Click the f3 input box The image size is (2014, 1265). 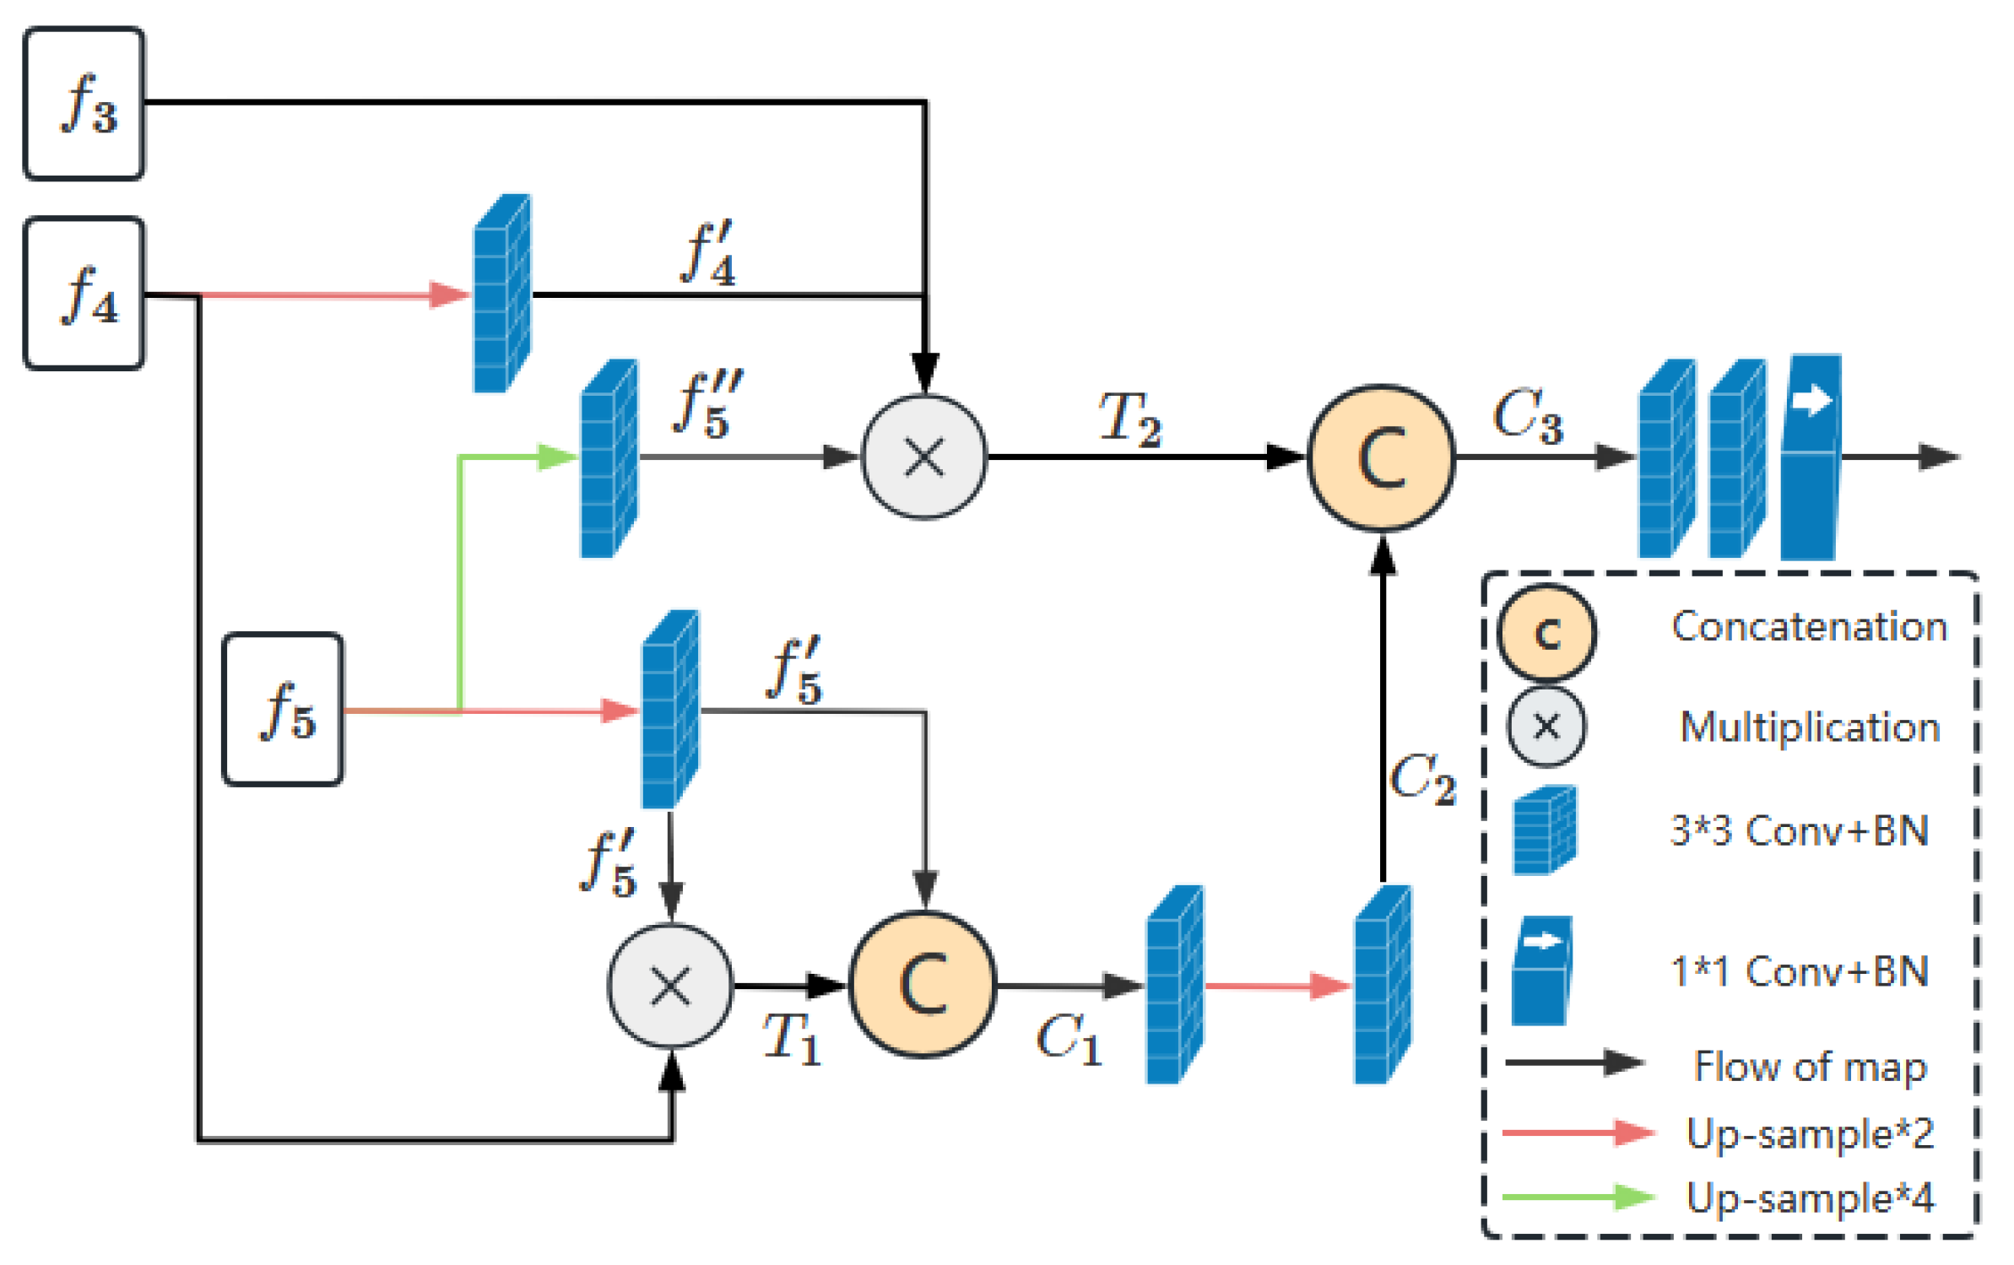click(84, 104)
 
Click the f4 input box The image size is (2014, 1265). click(84, 293)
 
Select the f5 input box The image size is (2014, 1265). click(282, 708)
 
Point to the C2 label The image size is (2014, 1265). click(1421, 777)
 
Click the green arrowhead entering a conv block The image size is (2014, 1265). click(558, 457)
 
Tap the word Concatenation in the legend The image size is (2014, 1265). click(1808, 626)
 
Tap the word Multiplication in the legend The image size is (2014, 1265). click(1809, 727)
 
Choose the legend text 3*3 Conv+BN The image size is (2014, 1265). click(1799, 830)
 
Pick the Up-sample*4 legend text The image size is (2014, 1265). click(1809, 1197)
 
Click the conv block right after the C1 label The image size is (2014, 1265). click(1172, 984)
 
